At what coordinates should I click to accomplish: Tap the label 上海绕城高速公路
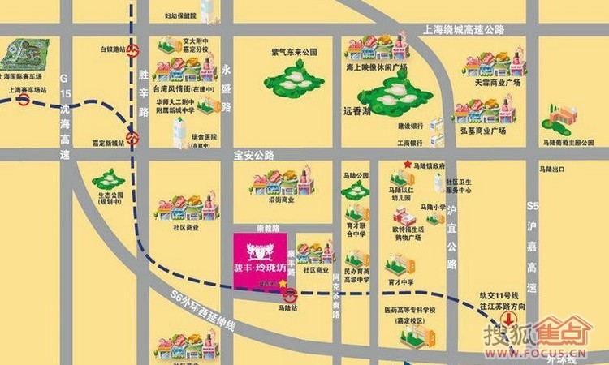click(x=464, y=30)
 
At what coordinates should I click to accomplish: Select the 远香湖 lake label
click(x=356, y=113)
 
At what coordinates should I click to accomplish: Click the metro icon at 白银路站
click(x=133, y=49)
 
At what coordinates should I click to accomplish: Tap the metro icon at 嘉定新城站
click(x=132, y=137)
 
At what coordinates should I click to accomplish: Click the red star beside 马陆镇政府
click(x=407, y=165)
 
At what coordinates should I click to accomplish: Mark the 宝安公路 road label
click(x=254, y=154)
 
